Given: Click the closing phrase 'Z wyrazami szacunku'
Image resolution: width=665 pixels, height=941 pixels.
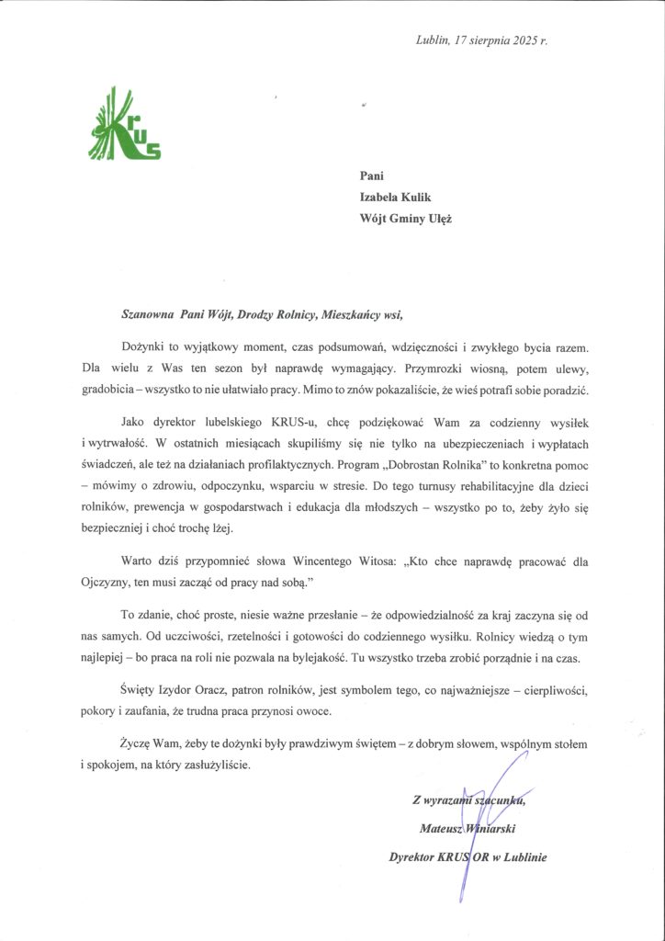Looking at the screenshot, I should (471, 799).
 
